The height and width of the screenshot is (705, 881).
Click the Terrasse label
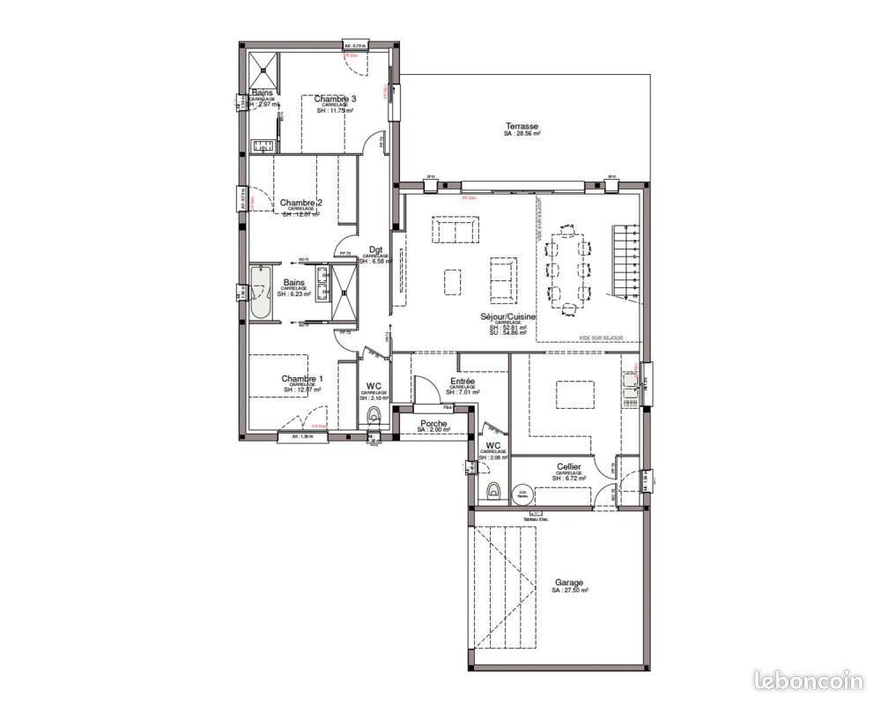tap(522, 126)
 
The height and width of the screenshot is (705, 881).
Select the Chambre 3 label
tap(336, 99)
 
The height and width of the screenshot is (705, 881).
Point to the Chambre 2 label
tap(301, 203)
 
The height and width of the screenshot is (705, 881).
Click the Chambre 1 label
tap(302, 379)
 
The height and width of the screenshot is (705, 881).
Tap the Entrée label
tap(463, 380)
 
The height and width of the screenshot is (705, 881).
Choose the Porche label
tap(433, 424)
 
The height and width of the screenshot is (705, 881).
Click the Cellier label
tap(568, 466)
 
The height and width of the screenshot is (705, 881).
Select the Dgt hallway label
tap(374, 249)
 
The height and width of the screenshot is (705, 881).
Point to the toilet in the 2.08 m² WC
tap(493, 490)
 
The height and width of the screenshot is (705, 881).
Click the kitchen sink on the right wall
tap(631, 382)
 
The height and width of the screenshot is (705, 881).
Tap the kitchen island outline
tap(572, 393)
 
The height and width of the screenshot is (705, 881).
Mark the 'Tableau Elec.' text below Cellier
tap(536, 519)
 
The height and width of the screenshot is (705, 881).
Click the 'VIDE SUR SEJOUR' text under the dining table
tap(602, 338)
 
